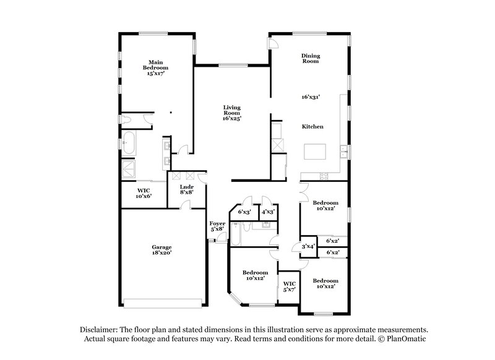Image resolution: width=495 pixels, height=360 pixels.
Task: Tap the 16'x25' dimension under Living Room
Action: coord(231,118)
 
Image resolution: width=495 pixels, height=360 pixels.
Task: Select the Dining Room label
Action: coord(311,58)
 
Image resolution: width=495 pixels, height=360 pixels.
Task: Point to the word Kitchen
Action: coord(312,127)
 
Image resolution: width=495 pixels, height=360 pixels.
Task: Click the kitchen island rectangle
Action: coord(316,152)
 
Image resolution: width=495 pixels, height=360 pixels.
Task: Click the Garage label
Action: coord(162,249)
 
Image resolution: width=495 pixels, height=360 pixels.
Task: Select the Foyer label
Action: coord(217,226)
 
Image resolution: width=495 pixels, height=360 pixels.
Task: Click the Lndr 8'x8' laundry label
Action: coord(187,189)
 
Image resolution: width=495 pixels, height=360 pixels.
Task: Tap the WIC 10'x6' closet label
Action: coord(144,193)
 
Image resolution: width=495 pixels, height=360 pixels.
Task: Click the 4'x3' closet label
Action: coord(268,212)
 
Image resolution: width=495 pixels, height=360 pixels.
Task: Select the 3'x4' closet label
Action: coord(308,246)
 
